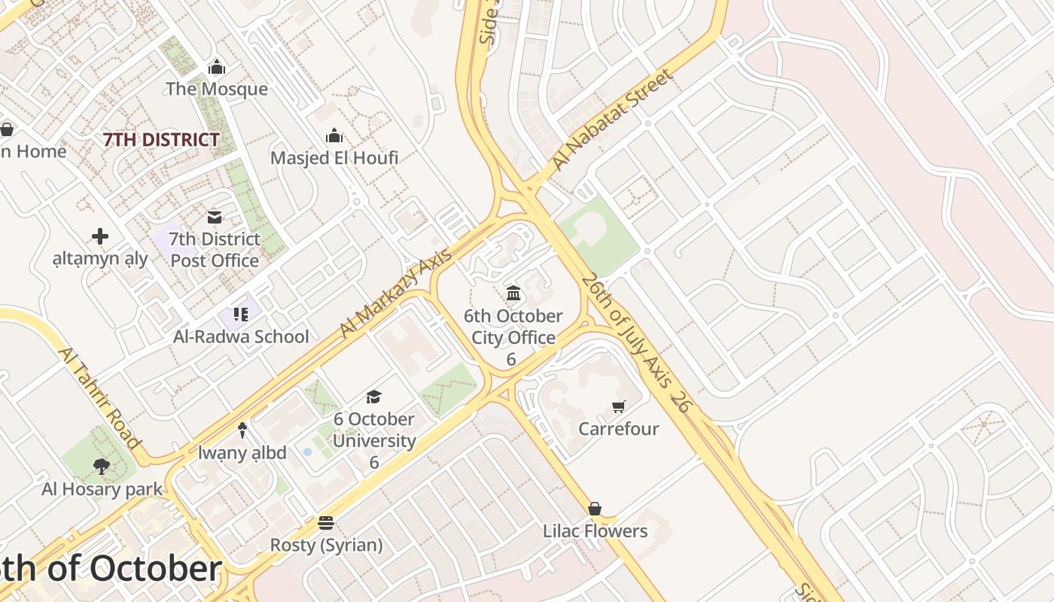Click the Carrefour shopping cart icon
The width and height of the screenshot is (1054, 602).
618,407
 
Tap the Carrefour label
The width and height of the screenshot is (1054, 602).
618,429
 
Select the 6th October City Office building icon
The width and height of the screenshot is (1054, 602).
513,293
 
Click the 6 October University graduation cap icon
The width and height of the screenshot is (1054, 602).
373,397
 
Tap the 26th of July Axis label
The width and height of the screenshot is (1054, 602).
634,341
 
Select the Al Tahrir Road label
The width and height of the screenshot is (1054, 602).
99,398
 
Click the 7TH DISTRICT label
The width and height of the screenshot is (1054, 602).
161,140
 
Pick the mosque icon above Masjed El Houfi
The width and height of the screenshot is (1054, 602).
334,136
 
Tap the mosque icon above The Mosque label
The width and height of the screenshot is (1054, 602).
217,67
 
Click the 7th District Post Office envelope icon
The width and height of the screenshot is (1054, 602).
215,217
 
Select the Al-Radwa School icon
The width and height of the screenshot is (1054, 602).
241,314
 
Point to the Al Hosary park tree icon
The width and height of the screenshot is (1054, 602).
102,467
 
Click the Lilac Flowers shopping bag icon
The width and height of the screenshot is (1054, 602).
595,509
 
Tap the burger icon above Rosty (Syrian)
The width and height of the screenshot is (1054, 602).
326,522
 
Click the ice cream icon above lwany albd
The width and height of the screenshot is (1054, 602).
242,430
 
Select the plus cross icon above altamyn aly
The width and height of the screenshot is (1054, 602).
100,237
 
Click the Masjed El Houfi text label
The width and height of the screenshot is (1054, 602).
334,158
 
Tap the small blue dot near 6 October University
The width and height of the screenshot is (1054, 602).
307,451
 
